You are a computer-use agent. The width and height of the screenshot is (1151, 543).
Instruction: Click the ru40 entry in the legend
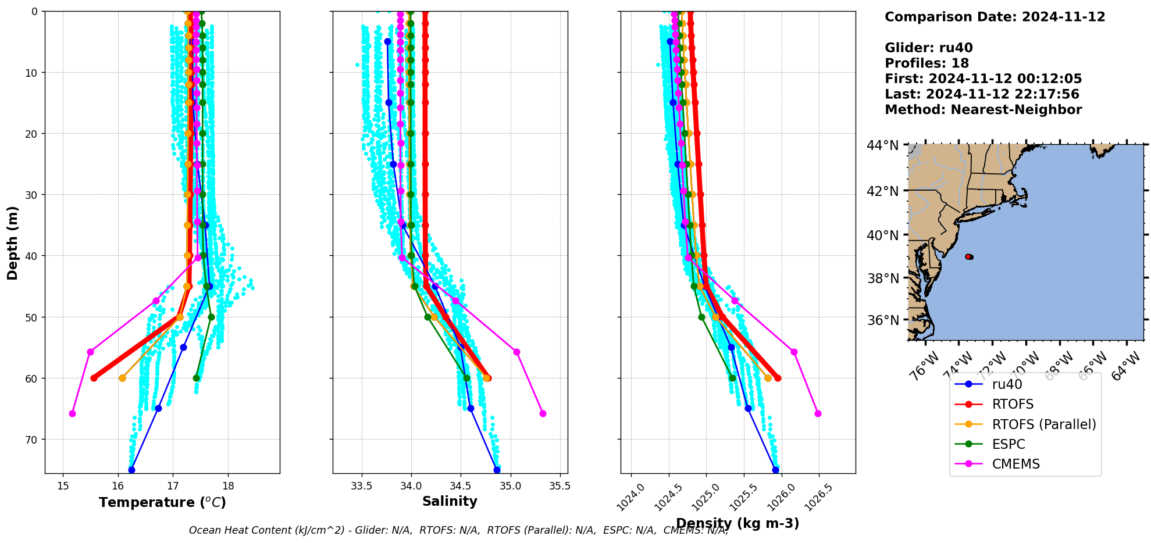click(x=1007, y=384)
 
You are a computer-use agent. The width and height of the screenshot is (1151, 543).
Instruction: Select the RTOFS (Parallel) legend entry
click(x=1043, y=424)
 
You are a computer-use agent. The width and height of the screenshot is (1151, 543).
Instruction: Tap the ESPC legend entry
click(x=1008, y=444)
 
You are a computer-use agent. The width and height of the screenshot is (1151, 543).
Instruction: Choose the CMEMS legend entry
click(x=1015, y=464)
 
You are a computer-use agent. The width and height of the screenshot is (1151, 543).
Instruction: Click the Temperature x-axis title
click(x=162, y=502)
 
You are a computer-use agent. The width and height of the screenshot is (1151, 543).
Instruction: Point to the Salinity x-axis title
click(x=450, y=501)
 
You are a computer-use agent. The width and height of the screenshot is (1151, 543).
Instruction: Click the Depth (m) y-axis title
click(x=12, y=242)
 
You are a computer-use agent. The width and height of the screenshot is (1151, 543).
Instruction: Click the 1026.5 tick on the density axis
click(x=817, y=495)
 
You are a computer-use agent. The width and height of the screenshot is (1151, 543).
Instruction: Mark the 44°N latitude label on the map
click(x=882, y=145)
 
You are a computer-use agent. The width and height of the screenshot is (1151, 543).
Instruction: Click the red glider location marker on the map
click(x=968, y=256)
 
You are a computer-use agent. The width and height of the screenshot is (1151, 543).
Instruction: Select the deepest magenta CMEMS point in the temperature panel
click(x=72, y=413)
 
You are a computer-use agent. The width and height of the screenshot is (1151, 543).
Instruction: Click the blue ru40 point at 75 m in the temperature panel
click(x=131, y=470)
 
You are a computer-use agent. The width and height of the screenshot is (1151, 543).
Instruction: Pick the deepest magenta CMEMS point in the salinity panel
click(x=543, y=413)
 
